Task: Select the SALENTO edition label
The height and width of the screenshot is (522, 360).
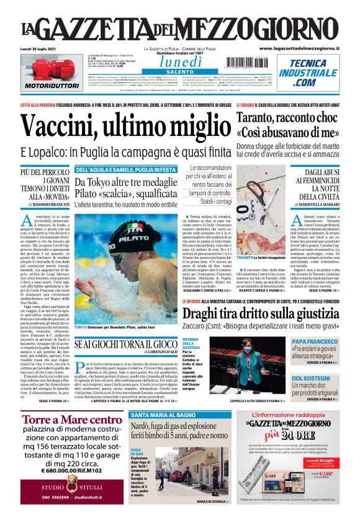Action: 179,72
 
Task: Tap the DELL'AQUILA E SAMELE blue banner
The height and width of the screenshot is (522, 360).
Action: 125,169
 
